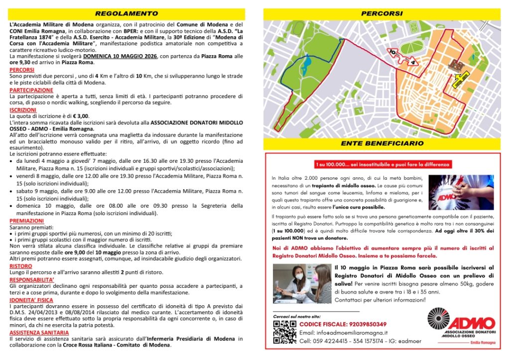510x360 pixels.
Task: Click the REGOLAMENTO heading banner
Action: coord(127,13)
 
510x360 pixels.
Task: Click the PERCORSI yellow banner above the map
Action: coord(382,13)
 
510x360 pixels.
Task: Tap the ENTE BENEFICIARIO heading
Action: coord(382,143)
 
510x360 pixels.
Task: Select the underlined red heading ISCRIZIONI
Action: coord(22,110)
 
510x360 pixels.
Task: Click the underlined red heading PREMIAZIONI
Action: coord(26,221)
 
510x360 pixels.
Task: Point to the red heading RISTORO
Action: coord(20,266)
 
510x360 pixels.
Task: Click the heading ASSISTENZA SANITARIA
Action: coord(39,332)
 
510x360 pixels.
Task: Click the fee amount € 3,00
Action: coord(80,116)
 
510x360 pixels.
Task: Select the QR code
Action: coord(284,331)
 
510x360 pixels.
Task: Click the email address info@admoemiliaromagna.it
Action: coord(344,333)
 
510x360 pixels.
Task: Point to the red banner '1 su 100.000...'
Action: coord(382,164)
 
